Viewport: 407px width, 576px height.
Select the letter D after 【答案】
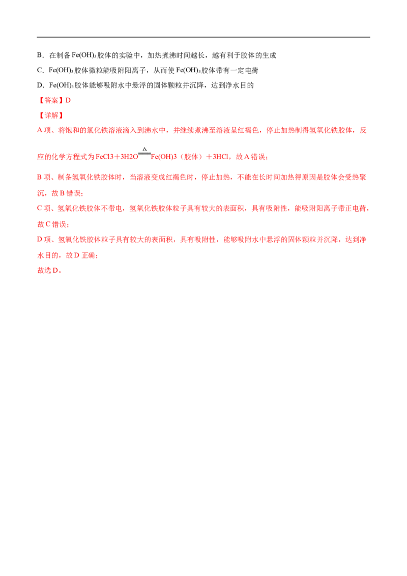69,100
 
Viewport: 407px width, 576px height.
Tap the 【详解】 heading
51,116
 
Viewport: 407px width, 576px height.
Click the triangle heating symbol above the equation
144,149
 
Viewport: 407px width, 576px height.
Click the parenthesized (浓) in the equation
190,158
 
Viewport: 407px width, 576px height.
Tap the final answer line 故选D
48,271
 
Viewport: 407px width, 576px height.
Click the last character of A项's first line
363,130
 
